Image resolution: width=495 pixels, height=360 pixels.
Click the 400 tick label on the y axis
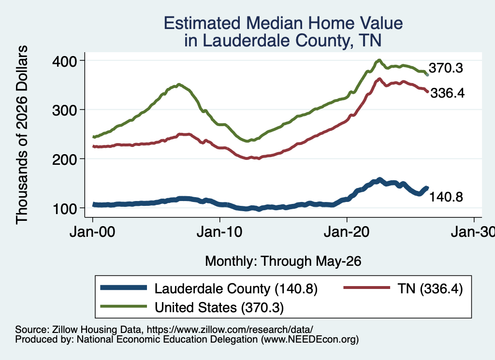point(64,61)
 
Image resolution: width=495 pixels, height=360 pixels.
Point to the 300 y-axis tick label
point(64,111)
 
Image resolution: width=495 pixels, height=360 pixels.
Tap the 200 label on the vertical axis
point(64,159)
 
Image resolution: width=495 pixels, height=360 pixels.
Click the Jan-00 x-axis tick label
point(92,232)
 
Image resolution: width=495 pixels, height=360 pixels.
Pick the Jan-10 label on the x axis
point(219,232)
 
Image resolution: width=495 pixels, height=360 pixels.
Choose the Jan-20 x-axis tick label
point(347,232)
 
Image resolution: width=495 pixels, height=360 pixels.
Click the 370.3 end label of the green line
point(446,68)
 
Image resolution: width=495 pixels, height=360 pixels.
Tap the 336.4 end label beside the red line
point(447,93)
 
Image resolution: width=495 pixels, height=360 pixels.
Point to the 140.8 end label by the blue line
point(446,197)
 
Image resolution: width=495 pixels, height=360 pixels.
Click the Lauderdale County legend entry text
point(236,288)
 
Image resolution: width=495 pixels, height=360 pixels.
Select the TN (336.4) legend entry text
point(430,288)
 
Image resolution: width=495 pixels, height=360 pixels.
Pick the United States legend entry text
point(219,308)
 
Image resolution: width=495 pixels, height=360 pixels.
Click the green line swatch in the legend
point(123,306)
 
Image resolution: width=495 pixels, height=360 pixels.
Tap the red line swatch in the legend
point(366,288)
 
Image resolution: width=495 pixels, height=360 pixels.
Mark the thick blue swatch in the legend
point(123,288)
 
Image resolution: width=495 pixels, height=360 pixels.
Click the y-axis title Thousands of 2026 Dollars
point(22,135)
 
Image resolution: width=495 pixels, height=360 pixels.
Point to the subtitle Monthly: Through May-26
point(283,261)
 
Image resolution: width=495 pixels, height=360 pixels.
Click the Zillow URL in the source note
point(230,330)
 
